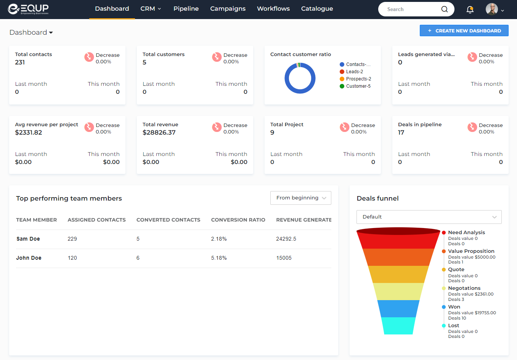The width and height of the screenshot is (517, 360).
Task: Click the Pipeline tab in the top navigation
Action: (186, 9)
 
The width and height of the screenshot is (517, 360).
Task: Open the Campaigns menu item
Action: (228, 9)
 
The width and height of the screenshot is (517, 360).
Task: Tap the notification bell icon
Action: (470, 10)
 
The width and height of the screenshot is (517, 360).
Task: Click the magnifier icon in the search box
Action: (445, 9)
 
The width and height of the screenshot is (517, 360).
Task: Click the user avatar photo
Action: (491, 9)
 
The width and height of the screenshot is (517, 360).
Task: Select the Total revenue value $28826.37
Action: (159, 133)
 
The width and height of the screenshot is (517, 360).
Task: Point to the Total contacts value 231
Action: (20, 63)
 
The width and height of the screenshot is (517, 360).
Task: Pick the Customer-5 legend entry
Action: (358, 86)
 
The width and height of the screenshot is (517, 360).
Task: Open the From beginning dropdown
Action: (300, 198)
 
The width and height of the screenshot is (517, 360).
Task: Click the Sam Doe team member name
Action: (28, 239)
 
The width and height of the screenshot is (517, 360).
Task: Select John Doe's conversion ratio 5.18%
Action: (219, 258)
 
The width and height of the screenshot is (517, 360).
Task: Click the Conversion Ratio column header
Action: (238, 220)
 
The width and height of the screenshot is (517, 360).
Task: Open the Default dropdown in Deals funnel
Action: (429, 217)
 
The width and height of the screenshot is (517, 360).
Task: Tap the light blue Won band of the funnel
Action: (398, 309)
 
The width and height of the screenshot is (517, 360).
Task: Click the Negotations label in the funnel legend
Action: (464, 288)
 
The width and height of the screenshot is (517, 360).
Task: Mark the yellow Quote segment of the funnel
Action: (398, 274)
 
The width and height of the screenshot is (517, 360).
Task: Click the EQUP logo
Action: (28, 9)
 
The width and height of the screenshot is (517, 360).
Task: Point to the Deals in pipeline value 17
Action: (401, 133)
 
